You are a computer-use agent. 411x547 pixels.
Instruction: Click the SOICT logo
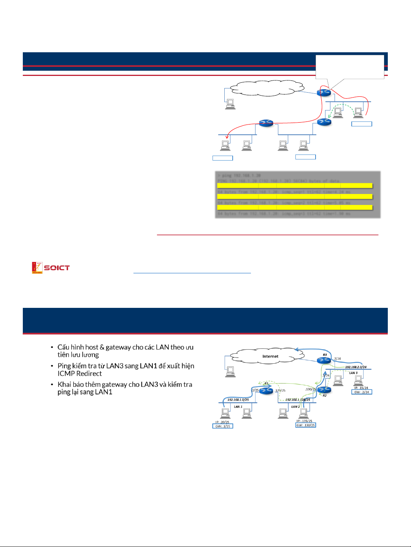click(51, 268)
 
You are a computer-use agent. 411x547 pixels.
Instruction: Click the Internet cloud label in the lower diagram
click(270, 356)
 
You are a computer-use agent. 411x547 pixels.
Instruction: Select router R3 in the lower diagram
click(324, 359)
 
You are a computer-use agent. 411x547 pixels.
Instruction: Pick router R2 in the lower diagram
click(324, 389)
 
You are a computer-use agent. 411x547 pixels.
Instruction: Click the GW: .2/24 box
click(362, 392)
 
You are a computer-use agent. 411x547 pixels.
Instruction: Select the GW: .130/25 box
click(306, 425)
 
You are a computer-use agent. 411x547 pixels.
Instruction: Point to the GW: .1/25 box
click(222, 426)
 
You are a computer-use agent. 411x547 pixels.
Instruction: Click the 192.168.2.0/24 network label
click(355, 367)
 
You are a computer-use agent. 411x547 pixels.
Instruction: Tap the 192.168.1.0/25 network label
click(238, 400)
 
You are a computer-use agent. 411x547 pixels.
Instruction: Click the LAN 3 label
click(353, 373)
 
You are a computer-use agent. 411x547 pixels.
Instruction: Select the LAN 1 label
click(238, 407)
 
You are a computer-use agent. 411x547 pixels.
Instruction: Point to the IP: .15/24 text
click(361, 388)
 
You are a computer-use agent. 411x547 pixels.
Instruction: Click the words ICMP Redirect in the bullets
click(80, 374)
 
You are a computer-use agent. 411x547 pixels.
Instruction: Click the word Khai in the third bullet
click(65, 385)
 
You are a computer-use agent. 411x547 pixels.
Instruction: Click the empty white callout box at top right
click(350, 66)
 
